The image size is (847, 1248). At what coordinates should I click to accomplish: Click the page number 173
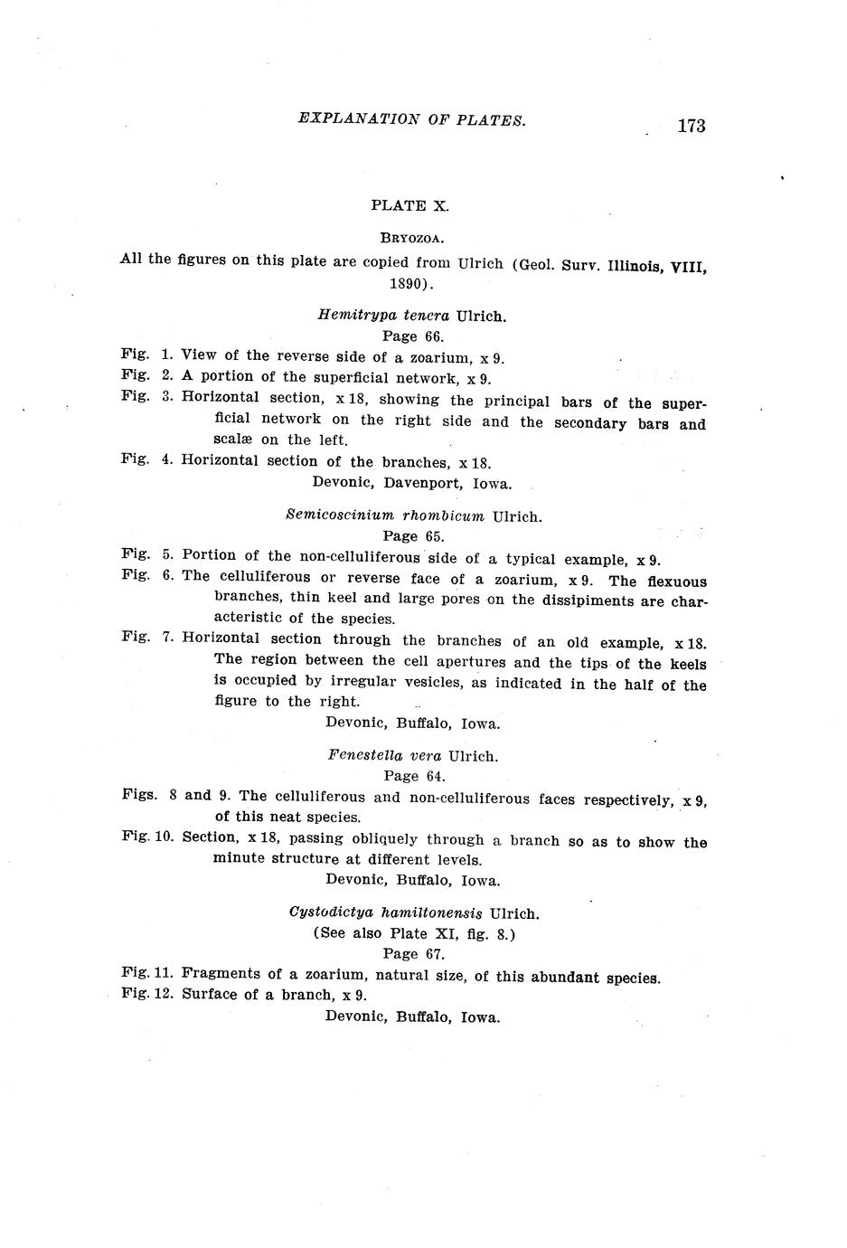[690, 126]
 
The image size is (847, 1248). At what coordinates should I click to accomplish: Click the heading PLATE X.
[409, 205]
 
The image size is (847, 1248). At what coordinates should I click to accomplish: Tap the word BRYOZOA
[410, 239]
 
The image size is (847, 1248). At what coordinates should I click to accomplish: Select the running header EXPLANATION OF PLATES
[411, 119]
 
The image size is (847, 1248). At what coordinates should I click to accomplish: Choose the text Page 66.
[412, 336]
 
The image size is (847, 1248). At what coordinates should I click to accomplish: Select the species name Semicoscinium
[340, 516]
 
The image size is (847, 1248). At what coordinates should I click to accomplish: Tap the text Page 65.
[413, 536]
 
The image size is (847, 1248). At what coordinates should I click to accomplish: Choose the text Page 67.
[413, 953]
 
